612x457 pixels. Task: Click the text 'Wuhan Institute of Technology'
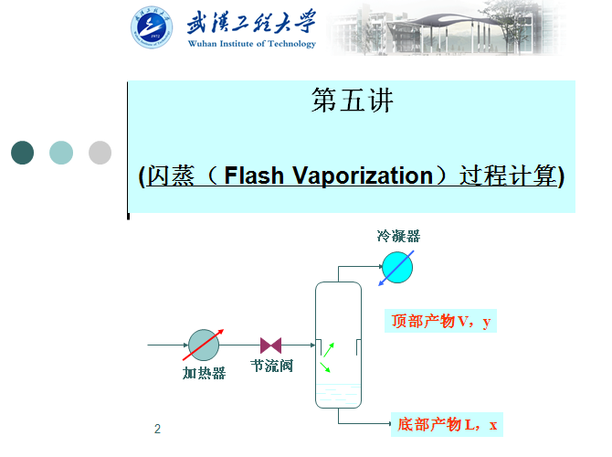coord(251,44)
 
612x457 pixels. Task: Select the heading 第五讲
coord(352,101)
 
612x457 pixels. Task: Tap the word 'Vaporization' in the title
coord(359,175)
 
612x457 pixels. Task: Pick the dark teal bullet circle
coord(22,153)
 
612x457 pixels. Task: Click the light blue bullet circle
coord(61,153)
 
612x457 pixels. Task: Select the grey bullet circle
coord(100,153)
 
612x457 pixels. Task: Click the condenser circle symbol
coord(397,267)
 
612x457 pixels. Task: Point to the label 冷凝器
coord(398,236)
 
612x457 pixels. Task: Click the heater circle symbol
coord(204,345)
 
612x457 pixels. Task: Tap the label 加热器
coord(204,373)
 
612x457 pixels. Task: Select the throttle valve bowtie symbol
coord(270,345)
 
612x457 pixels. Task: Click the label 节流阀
coord(271,367)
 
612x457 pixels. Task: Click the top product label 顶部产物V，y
coord(442,321)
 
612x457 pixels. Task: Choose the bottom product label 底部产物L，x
coord(448,424)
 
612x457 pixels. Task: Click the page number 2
coord(157,429)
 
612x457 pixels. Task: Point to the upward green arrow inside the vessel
coord(329,349)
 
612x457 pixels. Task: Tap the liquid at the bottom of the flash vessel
coord(338,395)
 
